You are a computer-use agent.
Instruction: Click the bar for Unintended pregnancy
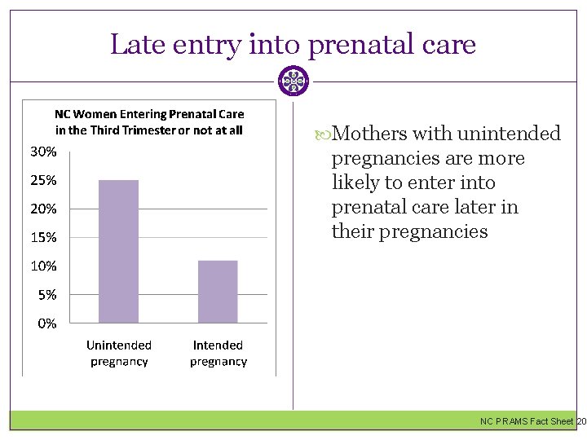(119, 251)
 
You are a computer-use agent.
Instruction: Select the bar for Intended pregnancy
(218, 292)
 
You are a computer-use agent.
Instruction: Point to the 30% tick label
(43, 152)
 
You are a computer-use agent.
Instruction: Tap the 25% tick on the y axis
(43, 180)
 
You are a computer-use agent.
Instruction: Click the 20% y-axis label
(43, 209)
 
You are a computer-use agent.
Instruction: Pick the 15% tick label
(43, 237)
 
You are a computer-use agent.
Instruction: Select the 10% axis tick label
(43, 266)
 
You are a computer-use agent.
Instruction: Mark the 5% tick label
(46, 295)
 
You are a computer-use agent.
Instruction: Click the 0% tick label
(46, 323)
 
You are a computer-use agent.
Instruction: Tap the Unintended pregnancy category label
(119, 354)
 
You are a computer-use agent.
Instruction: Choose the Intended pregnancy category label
(218, 354)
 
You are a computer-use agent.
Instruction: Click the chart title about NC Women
(149, 122)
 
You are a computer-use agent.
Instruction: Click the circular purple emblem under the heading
(293, 81)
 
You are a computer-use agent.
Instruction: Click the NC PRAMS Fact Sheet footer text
(526, 421)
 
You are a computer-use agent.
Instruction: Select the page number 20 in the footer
(580, 421)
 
